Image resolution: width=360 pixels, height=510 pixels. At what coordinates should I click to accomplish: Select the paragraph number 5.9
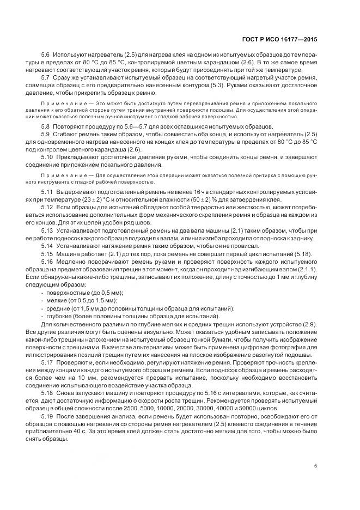point(46,133)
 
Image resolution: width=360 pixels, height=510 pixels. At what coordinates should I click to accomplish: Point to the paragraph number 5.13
point(47,230)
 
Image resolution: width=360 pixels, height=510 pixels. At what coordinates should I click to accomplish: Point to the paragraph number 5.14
point(47,246)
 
